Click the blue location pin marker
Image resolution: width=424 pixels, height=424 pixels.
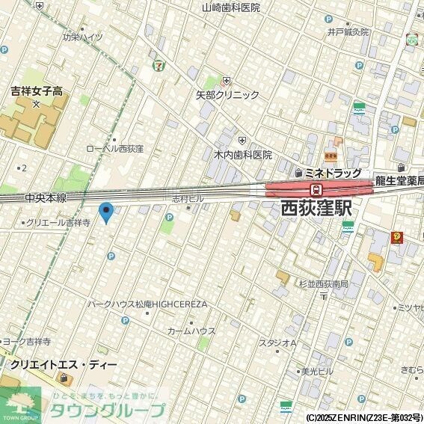click(x=106, y=212)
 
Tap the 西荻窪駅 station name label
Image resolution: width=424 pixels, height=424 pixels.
click(x=316, y=209)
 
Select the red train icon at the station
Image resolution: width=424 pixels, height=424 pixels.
click(x=316, y=189)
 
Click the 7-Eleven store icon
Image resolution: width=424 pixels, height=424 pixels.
click(x=158, y=65)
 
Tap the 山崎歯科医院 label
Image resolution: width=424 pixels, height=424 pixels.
click(x=231, y=7)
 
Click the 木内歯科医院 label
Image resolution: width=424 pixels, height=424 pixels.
click(x=243, y=155)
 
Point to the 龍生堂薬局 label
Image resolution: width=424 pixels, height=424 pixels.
click(x=399, y=179)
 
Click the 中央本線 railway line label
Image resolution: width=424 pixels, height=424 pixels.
click(x=45, y=198)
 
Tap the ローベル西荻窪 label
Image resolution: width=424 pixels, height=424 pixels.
click(x=114, y=149)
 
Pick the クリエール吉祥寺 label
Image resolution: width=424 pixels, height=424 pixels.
click(x=58, y=223)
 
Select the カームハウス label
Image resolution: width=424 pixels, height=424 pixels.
click(x=191, y=331)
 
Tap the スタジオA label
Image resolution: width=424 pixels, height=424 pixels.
click(x=277, y=343)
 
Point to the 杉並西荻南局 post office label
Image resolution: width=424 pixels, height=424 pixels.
click(x=324, y=284)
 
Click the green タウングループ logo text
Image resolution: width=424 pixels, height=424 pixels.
click(x=107, y=410)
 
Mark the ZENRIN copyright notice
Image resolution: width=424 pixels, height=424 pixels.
click(x=363, y=417)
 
